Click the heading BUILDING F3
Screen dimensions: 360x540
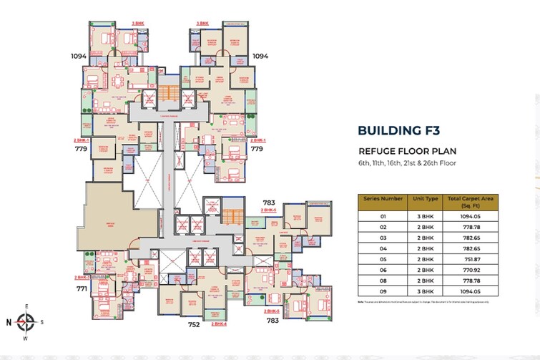click(x=399, y=130)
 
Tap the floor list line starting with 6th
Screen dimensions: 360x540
click(x=408, y=164)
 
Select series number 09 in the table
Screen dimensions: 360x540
click(x=383, y=293)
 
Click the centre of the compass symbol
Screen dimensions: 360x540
click(x=26, y=322)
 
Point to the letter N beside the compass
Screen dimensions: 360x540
click(x=9, y=323)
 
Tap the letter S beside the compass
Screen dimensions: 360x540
click(x=41, y=323)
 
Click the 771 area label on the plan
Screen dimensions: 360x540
click(x=82, y=289)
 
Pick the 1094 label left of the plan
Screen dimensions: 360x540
click(x=79, y=55)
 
